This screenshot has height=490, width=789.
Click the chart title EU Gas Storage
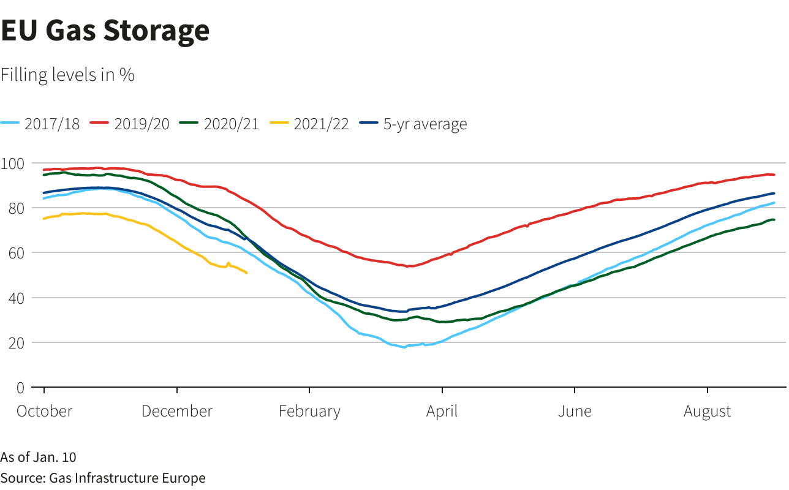tap(105, 31)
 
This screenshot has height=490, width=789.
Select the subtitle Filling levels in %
tap(67, 75)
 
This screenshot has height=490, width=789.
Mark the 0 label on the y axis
tap(20, 387)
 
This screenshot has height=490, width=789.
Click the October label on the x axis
tap(44, 411)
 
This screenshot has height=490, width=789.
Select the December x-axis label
tap(177, 411)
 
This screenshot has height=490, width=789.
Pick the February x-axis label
tap(309, 411)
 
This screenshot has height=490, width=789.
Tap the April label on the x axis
tap(442, 411)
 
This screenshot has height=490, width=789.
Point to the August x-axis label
tap(707, 411)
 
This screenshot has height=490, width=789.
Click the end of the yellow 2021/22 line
tap(246, 273)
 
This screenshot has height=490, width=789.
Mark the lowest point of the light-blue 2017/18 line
tap(404, 347)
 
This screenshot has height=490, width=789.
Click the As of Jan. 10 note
tap(38, 457)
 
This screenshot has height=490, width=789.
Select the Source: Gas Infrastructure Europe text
tap(103, 478)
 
